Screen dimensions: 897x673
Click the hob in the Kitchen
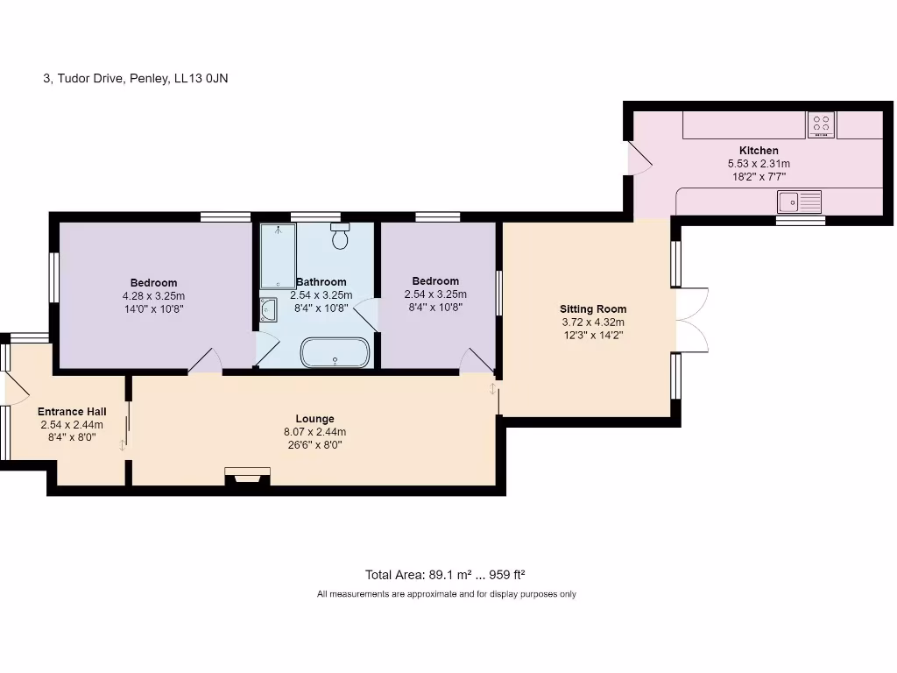821,124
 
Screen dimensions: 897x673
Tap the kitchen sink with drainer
799,202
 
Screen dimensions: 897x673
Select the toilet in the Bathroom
341,236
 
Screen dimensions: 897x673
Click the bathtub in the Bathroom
335,352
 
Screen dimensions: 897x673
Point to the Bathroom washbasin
268,309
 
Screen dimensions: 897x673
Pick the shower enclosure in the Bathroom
278,256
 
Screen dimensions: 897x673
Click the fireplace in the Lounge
247,476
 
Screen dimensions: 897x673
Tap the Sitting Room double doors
693,319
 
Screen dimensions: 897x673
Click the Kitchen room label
759,151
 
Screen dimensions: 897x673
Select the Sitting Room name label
593,309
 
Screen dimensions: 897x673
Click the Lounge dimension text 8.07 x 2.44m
314,432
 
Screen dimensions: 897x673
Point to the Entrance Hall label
72,412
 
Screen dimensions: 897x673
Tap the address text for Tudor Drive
136,78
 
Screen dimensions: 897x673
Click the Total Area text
445,575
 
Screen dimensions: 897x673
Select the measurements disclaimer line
446,594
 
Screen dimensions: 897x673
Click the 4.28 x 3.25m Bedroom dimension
153,296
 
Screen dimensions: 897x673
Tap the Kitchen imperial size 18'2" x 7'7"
759,177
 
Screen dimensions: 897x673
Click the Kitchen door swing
640,159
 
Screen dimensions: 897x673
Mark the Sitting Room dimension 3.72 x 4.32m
593,322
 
